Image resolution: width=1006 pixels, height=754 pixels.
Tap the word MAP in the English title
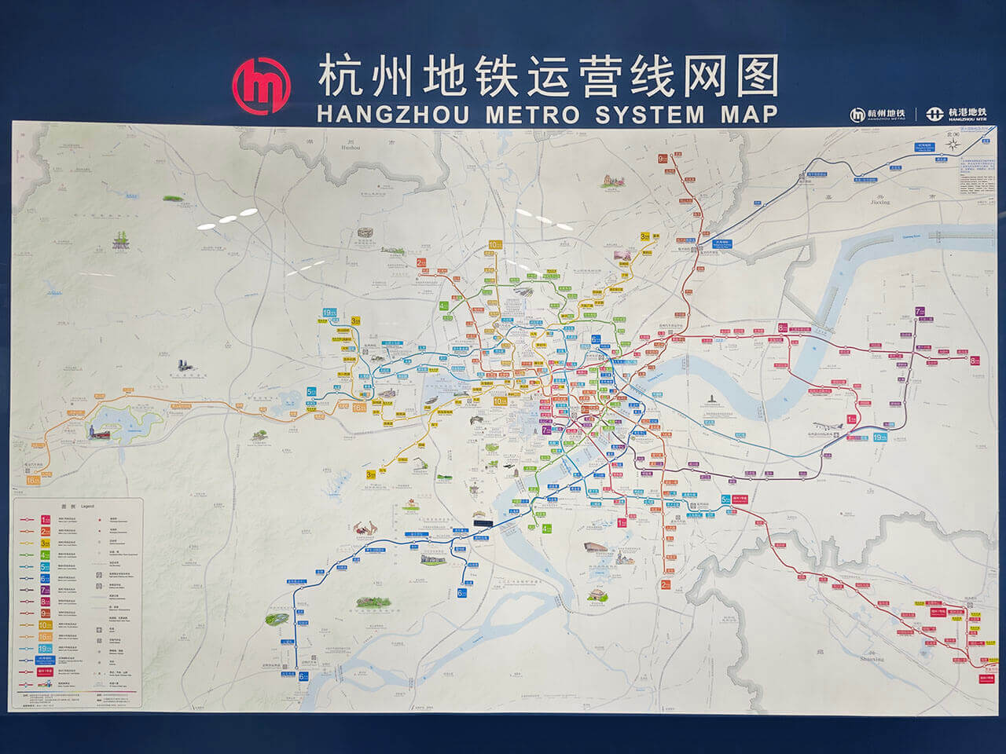(745, 115)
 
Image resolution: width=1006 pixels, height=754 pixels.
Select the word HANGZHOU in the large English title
(392, 115)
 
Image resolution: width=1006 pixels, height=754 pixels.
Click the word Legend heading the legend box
(84, 507)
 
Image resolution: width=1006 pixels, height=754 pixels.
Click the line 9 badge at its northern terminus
(663, 158)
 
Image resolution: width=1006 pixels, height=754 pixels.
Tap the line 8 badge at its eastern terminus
(975, 361)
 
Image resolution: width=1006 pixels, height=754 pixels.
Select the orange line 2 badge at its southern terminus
(666, 584)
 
